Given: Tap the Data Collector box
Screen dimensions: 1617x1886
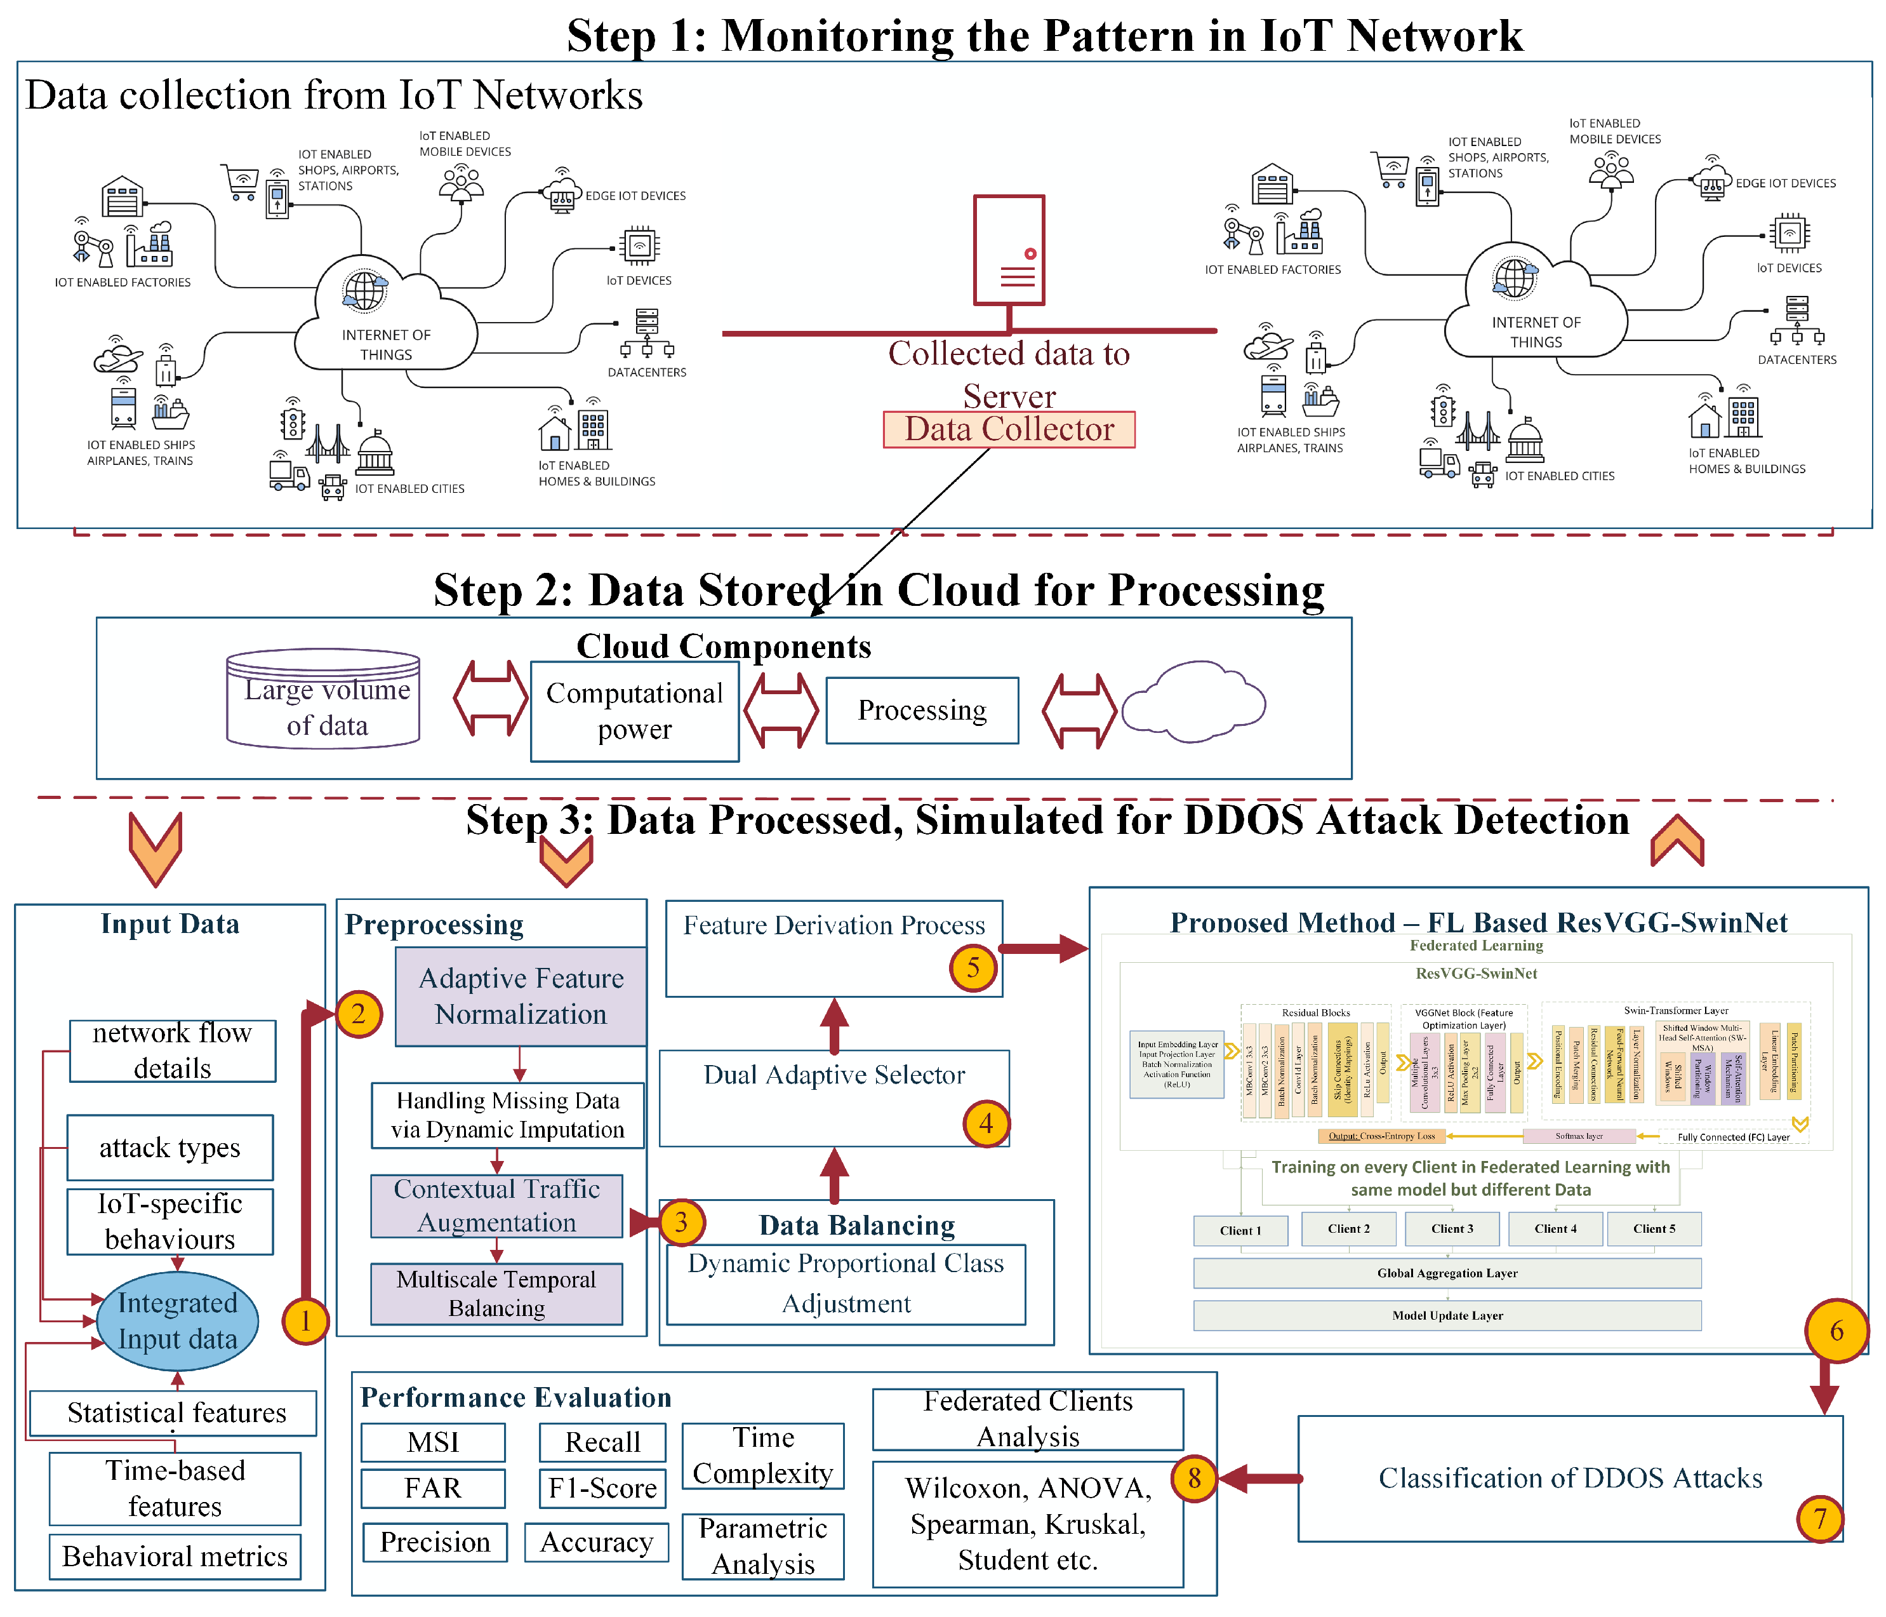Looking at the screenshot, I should (x=1009, y=429).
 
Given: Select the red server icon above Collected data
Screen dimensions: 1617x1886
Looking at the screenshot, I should (x=1009, y=250).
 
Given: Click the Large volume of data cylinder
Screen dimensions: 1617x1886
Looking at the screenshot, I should (x=323, y=699).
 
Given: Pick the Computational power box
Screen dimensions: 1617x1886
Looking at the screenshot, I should (x=634, y=711).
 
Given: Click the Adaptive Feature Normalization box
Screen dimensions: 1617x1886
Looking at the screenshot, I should (x=521, y=996).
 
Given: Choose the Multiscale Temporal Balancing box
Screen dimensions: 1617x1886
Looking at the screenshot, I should (x=496, y=1293).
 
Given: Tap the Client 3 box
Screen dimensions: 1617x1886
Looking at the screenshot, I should (x=1452, y=1228).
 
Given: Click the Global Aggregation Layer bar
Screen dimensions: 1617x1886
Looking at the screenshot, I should (x=1446, y=1273).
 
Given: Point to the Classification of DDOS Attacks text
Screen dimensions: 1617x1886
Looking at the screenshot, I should (x=1569, y=1478).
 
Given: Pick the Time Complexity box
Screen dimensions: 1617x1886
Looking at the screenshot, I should (x=763, y=1455).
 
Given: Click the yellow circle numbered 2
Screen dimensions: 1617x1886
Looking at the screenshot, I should (x=358, y=1014).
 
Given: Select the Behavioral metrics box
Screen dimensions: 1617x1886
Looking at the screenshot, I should (x=175, y=1556).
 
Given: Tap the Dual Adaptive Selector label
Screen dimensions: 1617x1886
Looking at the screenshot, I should (x=833, y=1075).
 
